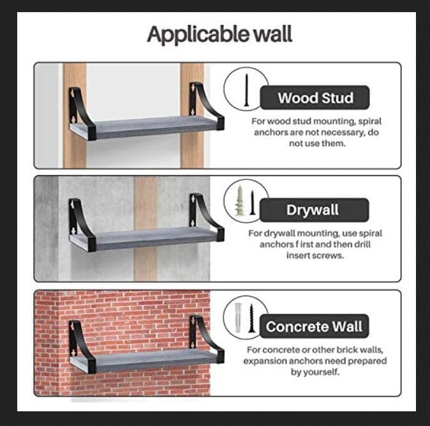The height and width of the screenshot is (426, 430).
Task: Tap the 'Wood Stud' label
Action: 315,98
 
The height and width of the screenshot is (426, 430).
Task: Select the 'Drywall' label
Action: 313,210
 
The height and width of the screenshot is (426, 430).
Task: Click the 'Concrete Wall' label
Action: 314,326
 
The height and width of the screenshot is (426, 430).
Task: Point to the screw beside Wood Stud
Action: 246,90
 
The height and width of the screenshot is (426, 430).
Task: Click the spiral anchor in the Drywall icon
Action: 239,201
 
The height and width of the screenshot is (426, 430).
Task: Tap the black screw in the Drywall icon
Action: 252,203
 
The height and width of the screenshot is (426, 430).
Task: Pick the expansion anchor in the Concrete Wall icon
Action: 238,317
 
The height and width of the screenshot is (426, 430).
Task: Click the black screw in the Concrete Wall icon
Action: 251,319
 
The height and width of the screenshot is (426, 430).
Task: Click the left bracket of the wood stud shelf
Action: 82,113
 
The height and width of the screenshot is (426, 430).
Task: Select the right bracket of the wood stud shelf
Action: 206,105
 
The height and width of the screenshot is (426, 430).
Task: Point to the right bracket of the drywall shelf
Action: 206,217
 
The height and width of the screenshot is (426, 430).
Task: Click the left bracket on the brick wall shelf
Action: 82,346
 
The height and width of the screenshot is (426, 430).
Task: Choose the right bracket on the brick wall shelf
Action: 206,339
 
